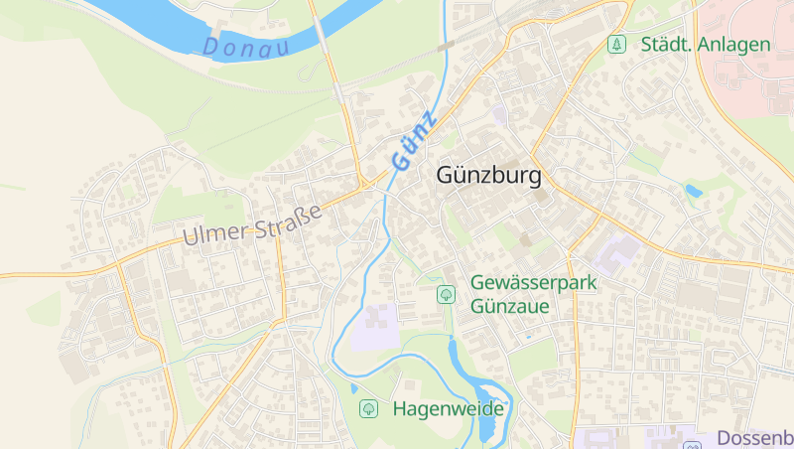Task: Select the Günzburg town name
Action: pos(488,177)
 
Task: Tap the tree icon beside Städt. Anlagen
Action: pos(617,45)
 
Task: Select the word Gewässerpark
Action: pos(534,283)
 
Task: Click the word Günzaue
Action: pos(510,306)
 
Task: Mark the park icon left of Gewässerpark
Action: pos(446,294)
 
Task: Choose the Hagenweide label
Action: pos(449,408)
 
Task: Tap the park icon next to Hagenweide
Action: pos(368,408)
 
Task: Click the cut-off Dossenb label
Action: pos(753,438)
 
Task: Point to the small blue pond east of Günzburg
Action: pos(694,190)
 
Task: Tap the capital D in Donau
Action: pos(210,46)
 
